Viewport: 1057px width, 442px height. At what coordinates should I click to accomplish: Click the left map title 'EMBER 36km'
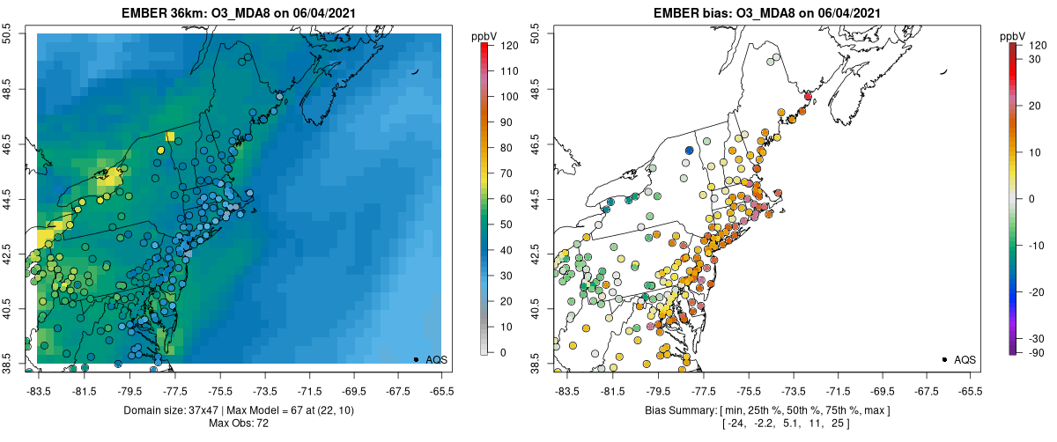(x=165, y=13)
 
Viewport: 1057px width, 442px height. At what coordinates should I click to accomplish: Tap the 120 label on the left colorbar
(x=506, y=45)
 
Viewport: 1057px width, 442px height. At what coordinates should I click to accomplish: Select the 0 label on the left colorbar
(x=503, y=352)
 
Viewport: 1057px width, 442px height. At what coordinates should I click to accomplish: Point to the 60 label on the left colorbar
(x=506, y=199)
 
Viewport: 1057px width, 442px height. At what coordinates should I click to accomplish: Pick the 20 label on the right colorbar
(x=1035, y=106)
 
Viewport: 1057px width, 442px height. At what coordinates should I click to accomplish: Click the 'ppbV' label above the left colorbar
(x=484, y=35)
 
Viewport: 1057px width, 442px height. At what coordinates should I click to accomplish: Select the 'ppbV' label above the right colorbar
(x=1012, y=35)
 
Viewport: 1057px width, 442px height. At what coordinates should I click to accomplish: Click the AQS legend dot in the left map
(x=416, y=359)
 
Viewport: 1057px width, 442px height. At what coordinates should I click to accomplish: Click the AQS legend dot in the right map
(x=944, y=359)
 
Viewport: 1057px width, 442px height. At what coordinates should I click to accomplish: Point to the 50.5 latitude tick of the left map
(x=7, y=33)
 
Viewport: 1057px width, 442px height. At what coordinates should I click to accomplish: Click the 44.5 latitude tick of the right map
(x=536, y=198)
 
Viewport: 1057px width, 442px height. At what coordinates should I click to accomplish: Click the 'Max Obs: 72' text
(x=238, y=424)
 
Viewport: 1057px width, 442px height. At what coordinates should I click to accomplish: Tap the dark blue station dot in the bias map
(x=690, y=151)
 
